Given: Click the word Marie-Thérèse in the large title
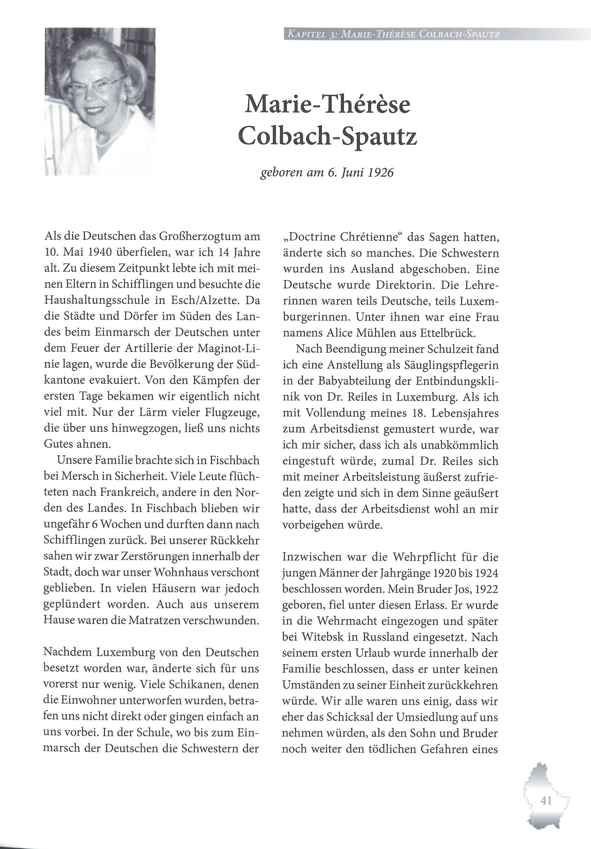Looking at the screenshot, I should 327,105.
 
